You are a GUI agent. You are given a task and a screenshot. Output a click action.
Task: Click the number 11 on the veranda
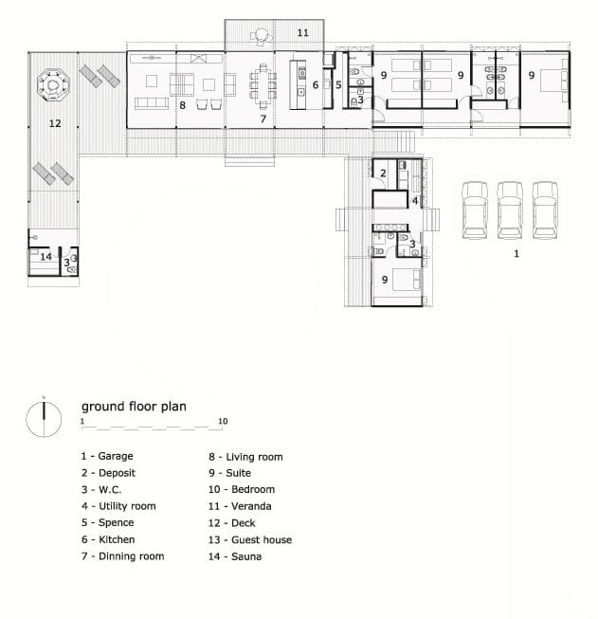[x=302, y=32]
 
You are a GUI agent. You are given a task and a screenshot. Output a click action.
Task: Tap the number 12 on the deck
[x=55, y=123]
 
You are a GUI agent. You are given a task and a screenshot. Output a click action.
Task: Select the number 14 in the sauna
[x=45, y=257]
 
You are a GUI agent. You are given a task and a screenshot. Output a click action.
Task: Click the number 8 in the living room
[x=182, y=105]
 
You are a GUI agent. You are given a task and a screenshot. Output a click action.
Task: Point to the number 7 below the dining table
[x=263, y=118]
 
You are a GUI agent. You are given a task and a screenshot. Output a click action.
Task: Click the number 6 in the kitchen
[x=316, y=85]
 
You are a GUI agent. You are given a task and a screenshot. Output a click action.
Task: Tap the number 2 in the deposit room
[x=383, y=173]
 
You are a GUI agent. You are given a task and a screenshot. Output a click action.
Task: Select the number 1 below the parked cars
[x=516, y=253]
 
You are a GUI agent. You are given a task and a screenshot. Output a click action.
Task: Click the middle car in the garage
[x=510, y=210]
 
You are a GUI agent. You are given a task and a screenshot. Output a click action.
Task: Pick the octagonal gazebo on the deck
[x=53, y=85]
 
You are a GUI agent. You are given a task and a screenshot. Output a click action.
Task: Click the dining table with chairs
[x=263, y=86]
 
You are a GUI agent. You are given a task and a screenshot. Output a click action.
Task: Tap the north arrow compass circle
[x=44, y=419]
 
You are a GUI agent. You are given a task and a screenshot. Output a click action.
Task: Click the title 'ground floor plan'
[x=134, y=407]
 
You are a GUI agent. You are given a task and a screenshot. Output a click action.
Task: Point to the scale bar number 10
[x=223, y=421]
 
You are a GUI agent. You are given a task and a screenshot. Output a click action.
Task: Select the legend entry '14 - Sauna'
[x=235, y=556]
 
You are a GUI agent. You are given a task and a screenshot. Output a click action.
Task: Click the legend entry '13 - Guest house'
[x=250, y=539]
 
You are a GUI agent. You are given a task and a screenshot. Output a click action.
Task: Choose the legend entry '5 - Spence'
[x=108, y=522]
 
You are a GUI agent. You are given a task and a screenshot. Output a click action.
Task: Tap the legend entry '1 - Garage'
[x=107, y=456]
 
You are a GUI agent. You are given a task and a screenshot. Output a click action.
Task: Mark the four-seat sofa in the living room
[x=152, y=103]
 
